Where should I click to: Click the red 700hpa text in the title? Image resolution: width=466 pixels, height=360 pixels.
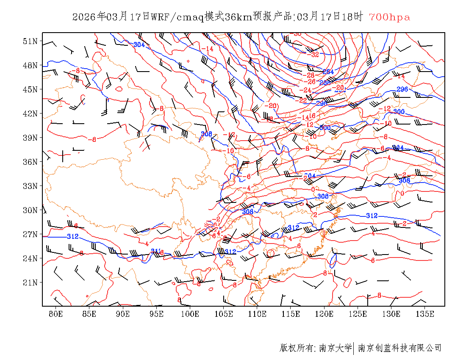(389, 17)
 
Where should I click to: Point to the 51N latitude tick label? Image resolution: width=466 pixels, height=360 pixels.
(30, 41)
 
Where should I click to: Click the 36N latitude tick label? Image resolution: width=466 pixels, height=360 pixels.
(30, 162)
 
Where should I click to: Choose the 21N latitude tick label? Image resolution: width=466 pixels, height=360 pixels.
(30, 282)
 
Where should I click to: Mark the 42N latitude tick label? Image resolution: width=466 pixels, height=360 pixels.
(30, 114)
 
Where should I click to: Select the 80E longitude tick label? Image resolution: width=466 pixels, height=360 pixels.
(56, 314)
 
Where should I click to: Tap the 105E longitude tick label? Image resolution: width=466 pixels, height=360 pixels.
(224, 314)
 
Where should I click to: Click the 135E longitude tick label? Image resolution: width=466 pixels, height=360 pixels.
(425, 314)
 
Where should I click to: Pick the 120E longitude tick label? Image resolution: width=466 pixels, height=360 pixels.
(325, 314)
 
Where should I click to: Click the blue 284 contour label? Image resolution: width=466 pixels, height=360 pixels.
(328, 72)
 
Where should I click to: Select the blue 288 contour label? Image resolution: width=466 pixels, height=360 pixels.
(325, 83)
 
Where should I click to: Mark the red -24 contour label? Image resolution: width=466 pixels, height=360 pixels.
(305, 90)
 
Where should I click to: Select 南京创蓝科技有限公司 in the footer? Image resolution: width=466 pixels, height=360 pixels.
(400, 348)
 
